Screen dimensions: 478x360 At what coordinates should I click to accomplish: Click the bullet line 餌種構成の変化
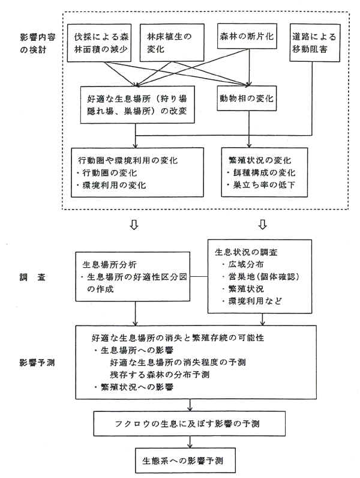tap(263, 172)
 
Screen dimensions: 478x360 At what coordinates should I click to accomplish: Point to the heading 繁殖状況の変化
tap(259, 160)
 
